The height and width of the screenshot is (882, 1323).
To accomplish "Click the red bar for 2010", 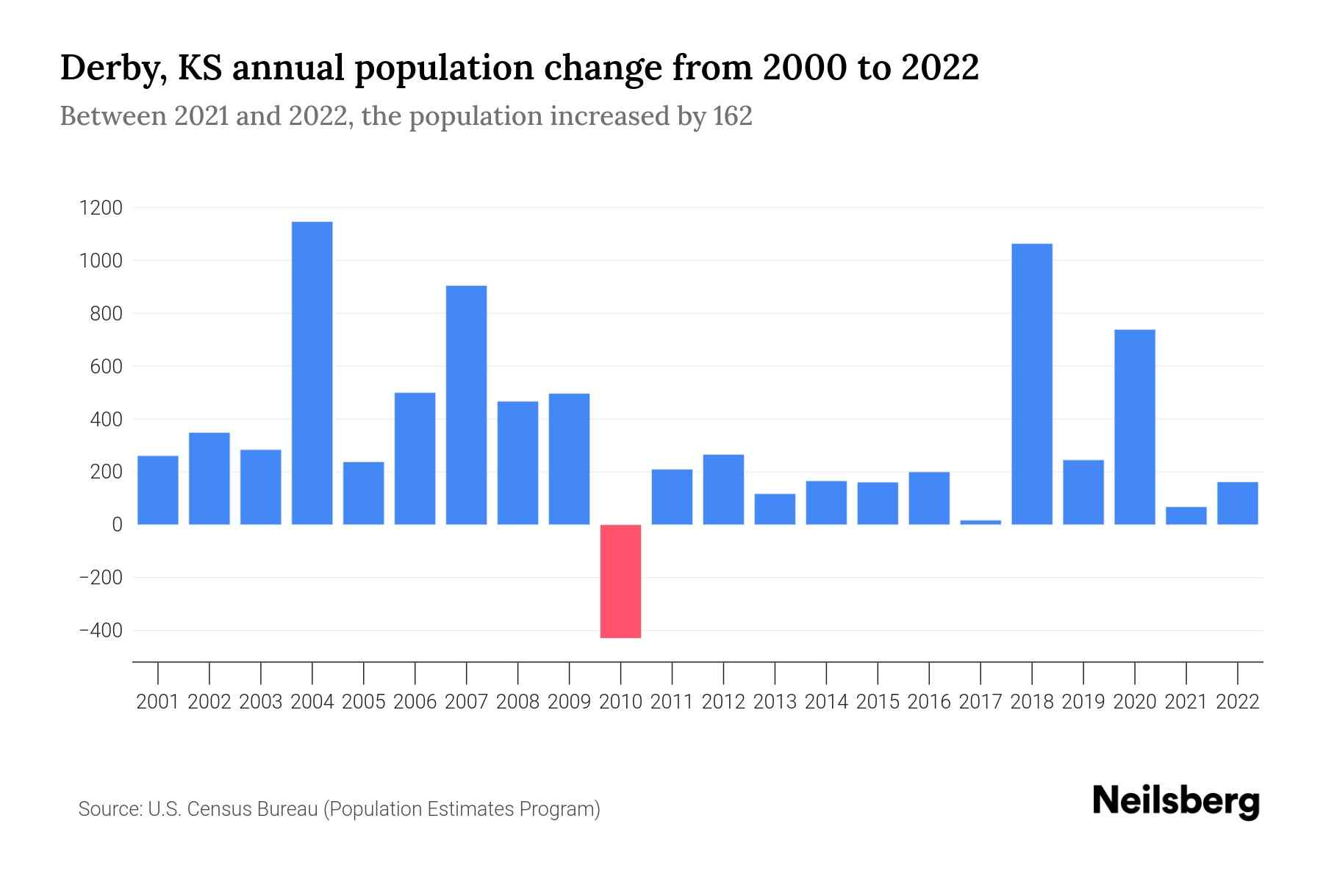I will tap(620, 581).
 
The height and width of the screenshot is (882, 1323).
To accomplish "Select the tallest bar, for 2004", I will tap(312, 373).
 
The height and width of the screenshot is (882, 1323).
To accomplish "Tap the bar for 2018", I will tap(1032, 384).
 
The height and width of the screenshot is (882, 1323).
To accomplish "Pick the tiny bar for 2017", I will tap(980, 522).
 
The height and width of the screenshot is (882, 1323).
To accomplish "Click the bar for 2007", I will tap(466, 404).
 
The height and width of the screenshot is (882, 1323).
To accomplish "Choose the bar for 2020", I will tap(1135, 426).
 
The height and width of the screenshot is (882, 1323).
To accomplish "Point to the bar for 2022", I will tap(1238, 503).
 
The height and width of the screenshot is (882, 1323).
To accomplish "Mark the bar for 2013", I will tap(775, 509).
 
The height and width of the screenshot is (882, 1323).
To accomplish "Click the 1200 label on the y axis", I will tap(101, 208).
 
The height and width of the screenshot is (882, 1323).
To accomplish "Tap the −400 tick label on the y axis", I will tap(101, 631).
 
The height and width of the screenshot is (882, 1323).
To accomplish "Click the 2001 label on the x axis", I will tap(158, 702).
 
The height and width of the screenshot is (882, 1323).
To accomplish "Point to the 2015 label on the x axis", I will tap(878, 702).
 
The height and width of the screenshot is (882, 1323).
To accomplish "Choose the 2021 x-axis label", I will tap(1186, 702).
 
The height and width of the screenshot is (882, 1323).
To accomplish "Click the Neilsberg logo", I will tap(1176, 801).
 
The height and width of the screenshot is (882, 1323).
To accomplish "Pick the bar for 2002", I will tap(209, 478).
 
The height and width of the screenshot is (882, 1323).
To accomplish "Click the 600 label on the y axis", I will tap(107, 367).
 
